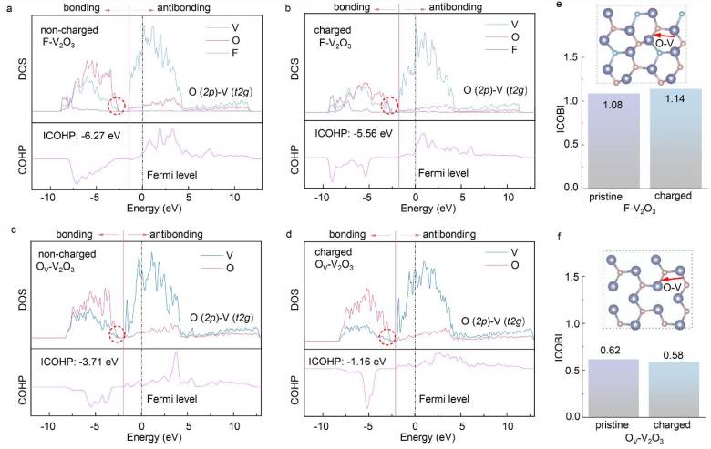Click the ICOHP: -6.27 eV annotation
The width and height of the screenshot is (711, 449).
click(x=82, y=135)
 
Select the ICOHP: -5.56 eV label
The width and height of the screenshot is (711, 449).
click(x=354, y=133)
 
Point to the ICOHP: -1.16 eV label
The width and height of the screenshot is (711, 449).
click(x=347, y=362)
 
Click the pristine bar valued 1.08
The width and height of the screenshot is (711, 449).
click(x=613, y=141)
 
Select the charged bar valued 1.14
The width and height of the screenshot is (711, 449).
click(x=675, y=138)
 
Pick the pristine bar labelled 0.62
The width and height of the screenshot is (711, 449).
click(x=613, y=388)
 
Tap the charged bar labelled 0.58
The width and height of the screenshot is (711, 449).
click(x=675, y=390)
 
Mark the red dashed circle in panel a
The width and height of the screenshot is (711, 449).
click(x=116, y=106)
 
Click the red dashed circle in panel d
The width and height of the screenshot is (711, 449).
click(x=387, y=337)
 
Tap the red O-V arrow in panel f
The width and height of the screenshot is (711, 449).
click(x=671, y=279)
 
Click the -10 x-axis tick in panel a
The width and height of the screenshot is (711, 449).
click(x=47, y=198)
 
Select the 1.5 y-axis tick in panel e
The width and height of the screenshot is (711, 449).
click(x=572, y=57)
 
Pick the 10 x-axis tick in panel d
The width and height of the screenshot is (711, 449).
click(x=509, y=427)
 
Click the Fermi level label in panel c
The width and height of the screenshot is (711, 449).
click(x=172, y=399)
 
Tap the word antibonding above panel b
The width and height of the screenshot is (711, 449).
click(x=455, y=7)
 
